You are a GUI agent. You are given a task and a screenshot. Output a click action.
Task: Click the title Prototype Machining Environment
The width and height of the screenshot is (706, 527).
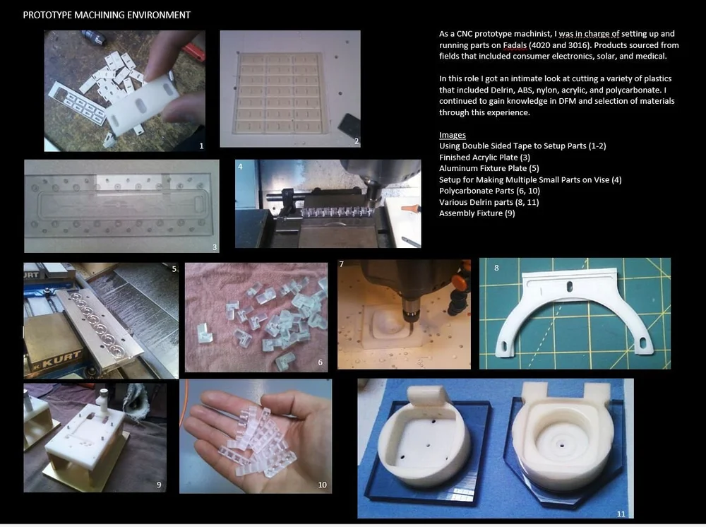coord(107,15)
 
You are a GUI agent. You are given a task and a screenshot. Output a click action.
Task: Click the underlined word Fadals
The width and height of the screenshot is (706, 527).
coord(515,45)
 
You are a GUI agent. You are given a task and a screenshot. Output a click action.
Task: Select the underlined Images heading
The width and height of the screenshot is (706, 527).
coord(453,135)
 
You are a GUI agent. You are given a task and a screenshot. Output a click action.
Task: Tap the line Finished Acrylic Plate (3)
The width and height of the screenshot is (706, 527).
coord(484,158)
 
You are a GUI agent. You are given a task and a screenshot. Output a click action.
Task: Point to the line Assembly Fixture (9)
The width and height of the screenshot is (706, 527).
coord(477,213)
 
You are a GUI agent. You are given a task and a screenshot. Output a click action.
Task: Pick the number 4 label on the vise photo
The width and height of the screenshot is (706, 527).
coord(240,167)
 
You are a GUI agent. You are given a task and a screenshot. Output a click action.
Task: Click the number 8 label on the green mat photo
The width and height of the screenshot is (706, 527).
coord(496,268)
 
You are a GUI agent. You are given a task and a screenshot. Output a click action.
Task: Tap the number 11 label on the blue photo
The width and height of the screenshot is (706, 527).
coord(621,514)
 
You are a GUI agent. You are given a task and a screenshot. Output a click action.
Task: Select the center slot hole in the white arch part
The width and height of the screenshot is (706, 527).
coord(570,286)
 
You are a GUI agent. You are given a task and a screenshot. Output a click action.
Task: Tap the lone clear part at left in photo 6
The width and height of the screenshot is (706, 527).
coord(204,333)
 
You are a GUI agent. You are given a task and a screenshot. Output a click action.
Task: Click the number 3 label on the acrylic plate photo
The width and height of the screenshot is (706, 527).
coord(215,247)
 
